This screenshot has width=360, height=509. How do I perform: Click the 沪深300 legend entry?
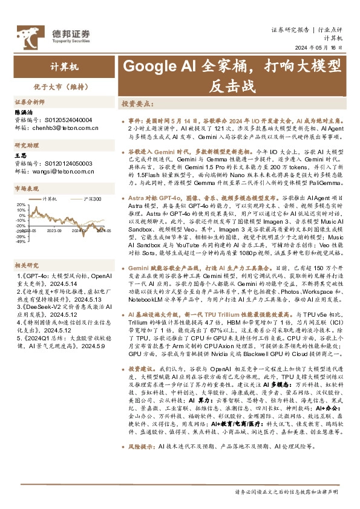pos(91,198)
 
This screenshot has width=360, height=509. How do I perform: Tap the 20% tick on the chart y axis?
pos(21,204)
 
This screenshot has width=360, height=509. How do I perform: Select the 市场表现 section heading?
pos(26,189)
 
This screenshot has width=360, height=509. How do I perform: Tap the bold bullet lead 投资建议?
pos(141,368)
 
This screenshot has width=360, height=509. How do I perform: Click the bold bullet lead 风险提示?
pos(141,447)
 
